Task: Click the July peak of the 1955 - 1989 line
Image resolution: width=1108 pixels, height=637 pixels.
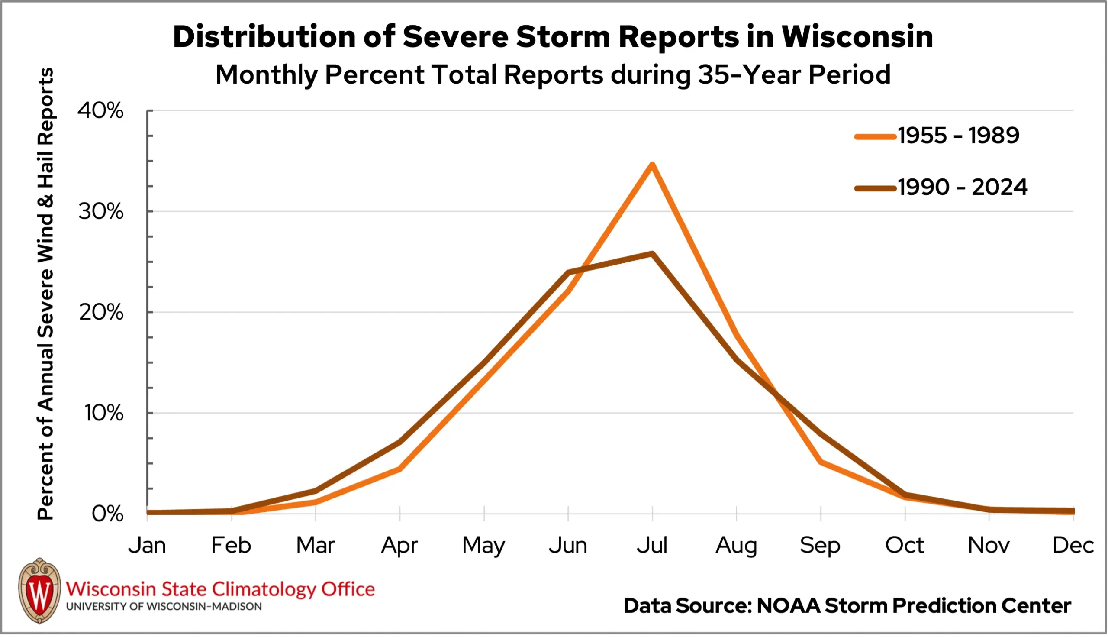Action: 652,165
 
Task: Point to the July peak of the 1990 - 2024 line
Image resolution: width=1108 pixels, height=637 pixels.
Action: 652,254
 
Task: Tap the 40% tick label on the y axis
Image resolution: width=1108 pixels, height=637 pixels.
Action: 100,111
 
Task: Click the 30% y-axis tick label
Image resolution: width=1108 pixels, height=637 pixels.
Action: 100,212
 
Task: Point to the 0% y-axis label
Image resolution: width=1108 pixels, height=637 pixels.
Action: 107,514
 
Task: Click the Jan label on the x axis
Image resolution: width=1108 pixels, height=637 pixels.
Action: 147,546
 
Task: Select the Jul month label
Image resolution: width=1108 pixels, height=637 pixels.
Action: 652,546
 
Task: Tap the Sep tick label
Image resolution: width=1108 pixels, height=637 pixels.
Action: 820,546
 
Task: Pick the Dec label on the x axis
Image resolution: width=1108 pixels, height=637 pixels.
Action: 1073,546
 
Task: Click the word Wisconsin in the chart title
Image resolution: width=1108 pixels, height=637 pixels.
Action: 857,37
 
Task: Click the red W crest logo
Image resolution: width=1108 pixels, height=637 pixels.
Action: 40,591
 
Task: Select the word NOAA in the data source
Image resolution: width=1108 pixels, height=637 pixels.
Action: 788,606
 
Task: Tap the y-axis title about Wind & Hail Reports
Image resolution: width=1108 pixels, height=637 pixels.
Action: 45,293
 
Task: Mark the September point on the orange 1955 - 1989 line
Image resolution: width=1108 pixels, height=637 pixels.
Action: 821,462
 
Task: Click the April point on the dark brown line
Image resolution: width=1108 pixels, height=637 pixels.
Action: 399,442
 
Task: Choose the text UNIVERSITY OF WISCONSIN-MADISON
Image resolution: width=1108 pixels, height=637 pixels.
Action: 164,607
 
